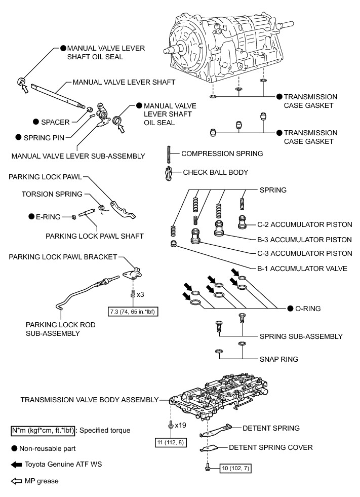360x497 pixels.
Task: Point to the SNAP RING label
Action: pyautogui.click(x=278, y=359)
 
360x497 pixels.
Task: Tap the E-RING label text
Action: pyautogui.click(x=46, y=217)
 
